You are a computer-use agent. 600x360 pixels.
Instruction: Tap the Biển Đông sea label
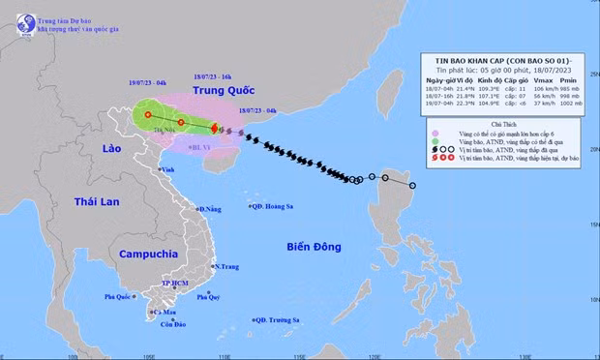point(314,247)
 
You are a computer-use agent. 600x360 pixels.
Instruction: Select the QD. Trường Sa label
point(277,319)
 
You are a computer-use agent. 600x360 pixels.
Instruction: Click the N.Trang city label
point(226,266)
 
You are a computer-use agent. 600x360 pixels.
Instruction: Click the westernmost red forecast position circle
point(148,115)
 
